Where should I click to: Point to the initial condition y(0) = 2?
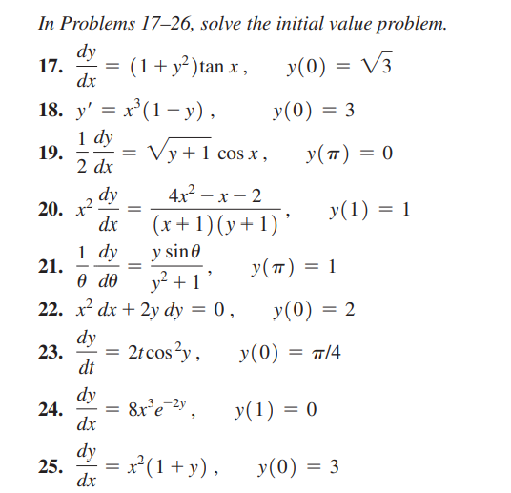(314, 310)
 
